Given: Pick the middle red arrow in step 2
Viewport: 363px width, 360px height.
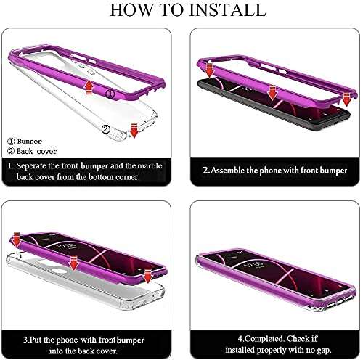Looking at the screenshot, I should [273, 91].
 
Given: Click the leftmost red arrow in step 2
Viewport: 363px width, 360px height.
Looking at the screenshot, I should [208, 70].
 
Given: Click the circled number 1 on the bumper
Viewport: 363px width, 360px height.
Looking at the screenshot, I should [110, 94].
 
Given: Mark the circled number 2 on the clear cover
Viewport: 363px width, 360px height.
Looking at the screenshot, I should [107, 128].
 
